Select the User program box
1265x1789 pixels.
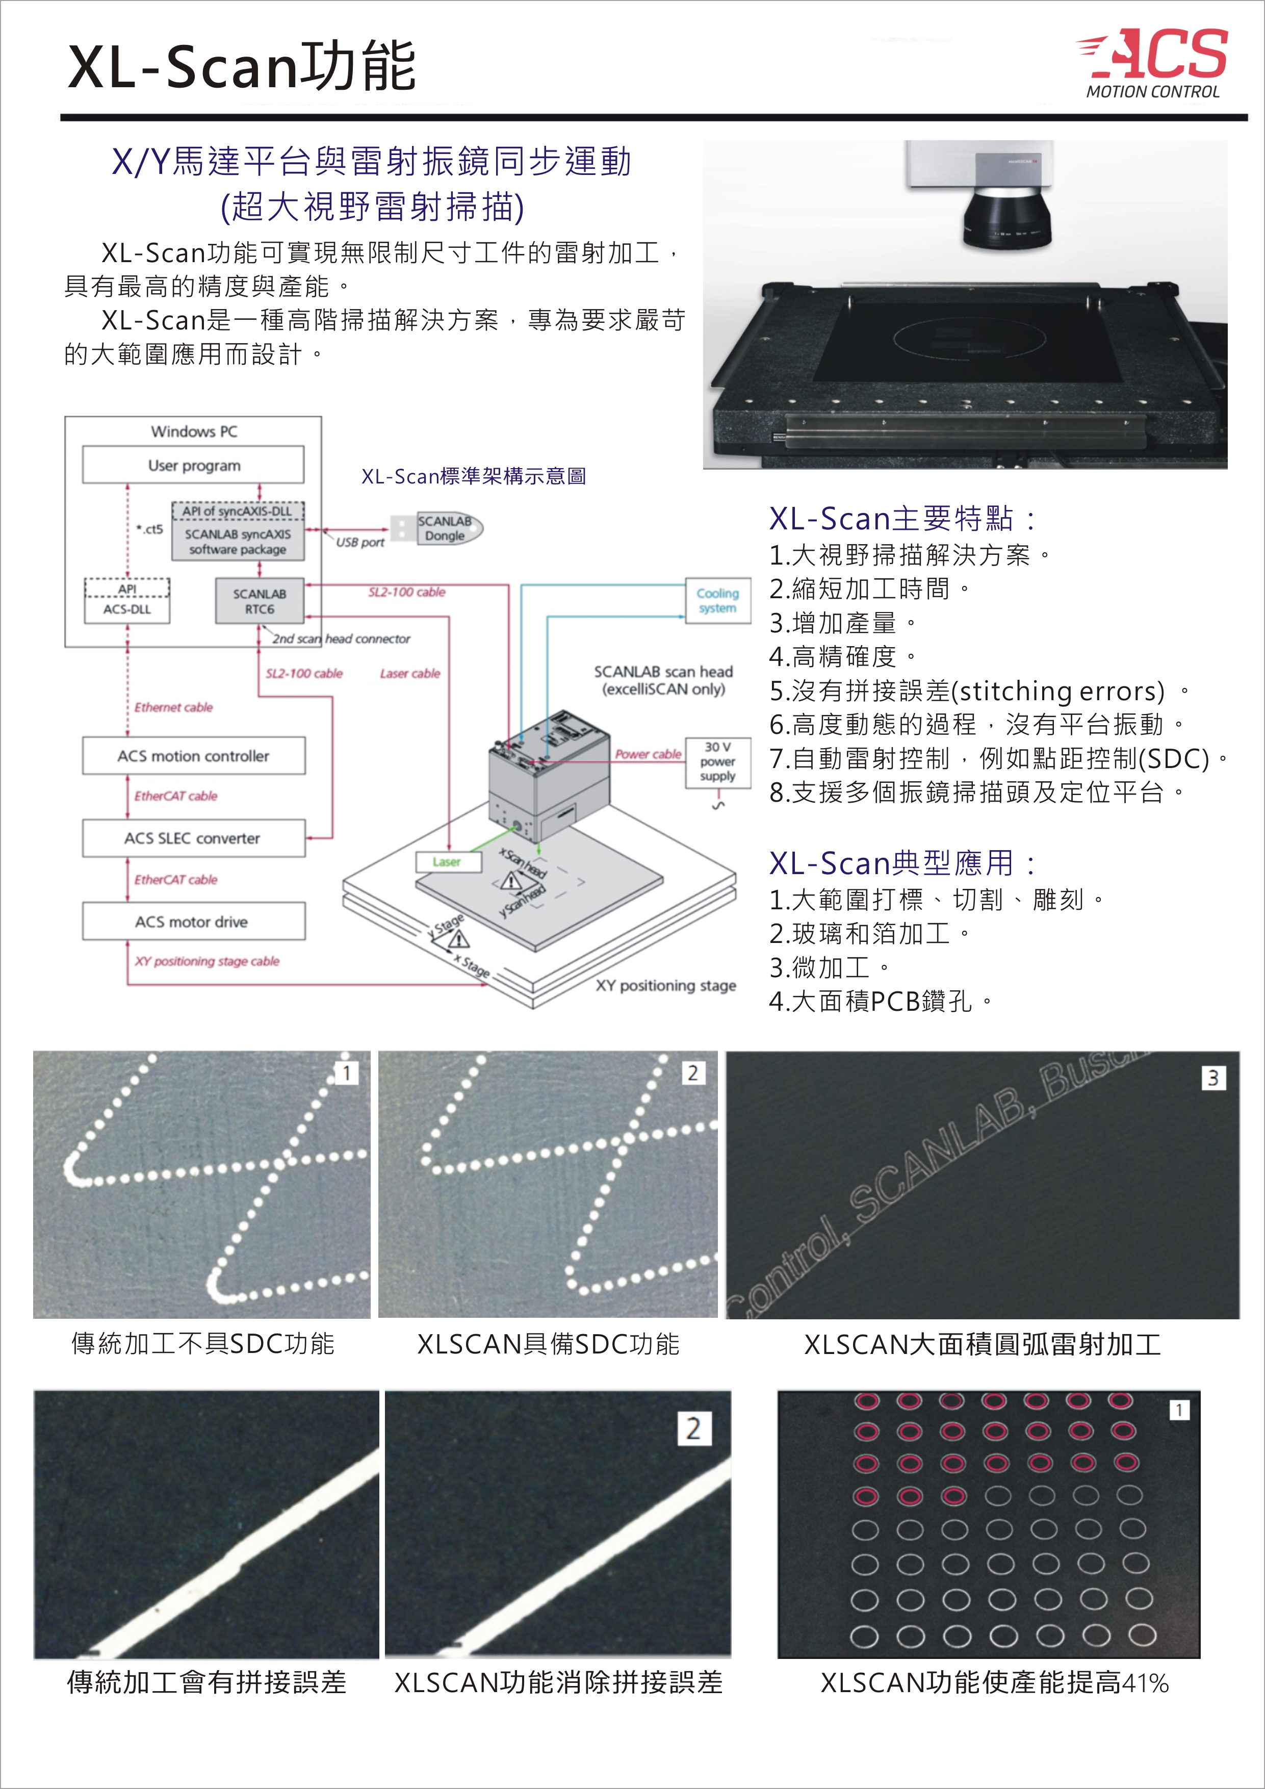click(x=193, y=465)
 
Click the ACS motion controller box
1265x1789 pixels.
click(x=193, y=756)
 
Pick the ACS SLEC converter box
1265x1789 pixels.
click(x=193, y=838)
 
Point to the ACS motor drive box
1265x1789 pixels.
click(x=193, y=922)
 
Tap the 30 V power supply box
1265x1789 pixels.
click(x=717, y=762)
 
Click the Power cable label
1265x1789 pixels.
click(x=648, y=754)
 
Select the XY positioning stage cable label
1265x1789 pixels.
click(x=206, y=961)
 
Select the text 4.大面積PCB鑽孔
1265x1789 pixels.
click(x=880, y=1001)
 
